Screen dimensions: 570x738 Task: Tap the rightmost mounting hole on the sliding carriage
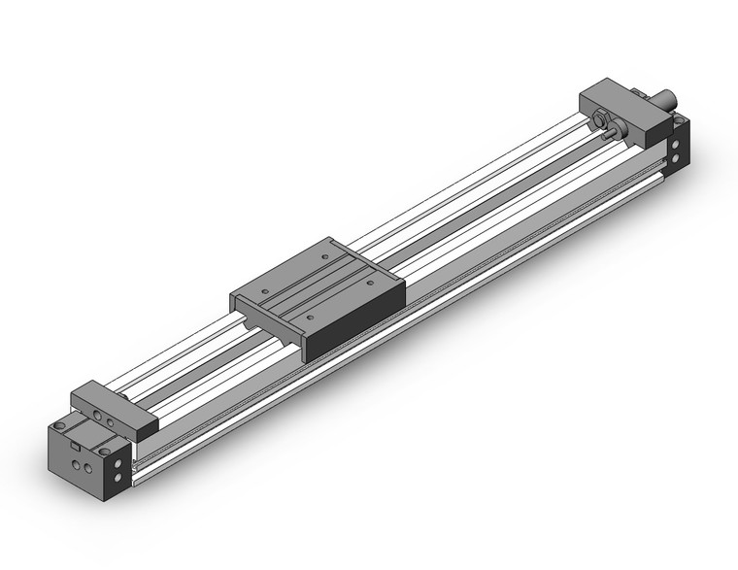pyautogui.click(x=371, y=283)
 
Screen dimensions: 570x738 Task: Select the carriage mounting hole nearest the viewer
pyautogui.click(x=309, y=316)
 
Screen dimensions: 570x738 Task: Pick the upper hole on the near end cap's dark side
pyautogui.click(x=119, y=464)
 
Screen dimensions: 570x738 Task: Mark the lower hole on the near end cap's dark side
pyautogui.click(x=119, y=480)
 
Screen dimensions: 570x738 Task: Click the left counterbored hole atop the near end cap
pyautogui.click(x=64, y=426)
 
